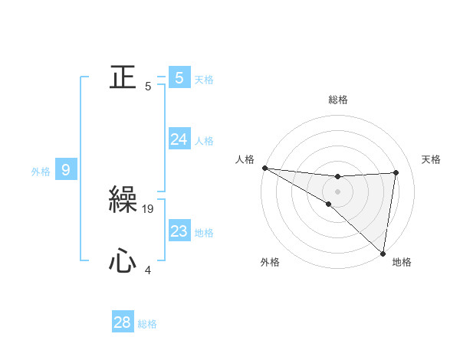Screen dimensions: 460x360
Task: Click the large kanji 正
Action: pos(123,77)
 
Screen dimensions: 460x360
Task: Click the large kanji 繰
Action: pos(123,201)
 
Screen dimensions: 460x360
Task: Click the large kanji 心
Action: pos(123,262)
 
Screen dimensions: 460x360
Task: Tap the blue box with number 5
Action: pos(179,78)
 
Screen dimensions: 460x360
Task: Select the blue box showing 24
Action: pos(179,139)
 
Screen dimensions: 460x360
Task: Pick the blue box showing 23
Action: pos(179,231)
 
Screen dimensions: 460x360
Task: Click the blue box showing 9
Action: pos(65,170)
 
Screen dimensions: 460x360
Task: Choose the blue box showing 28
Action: pos(123,322)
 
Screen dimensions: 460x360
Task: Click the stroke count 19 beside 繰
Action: pos(149,208)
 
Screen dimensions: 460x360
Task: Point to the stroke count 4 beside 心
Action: pos(148,270)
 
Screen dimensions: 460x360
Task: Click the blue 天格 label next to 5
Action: pos(204,79)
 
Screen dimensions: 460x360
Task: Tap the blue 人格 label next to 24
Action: pos(204,141)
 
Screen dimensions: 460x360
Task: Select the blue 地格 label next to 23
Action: pos(204,233)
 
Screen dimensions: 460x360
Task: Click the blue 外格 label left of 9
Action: pos(41,172)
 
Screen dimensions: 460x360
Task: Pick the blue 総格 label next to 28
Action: pos(147,324)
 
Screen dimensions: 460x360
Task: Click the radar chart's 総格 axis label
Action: pos(338,100)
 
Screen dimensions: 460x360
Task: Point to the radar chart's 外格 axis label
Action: pos(270,262)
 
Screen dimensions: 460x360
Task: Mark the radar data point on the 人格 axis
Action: pos(264,168)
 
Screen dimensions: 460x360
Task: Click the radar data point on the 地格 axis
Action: pos(383,253)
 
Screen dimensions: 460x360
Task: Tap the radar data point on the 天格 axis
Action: pos(396,172)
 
